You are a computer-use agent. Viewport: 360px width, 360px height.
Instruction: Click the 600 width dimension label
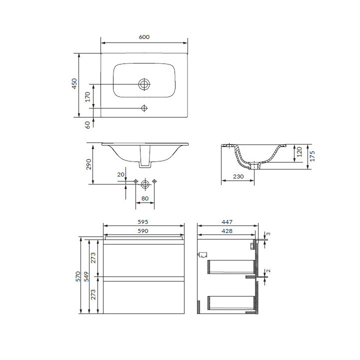pos(144,37)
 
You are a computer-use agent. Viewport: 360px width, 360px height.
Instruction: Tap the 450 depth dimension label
pos(74,84)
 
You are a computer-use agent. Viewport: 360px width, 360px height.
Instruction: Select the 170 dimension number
pos(87,97)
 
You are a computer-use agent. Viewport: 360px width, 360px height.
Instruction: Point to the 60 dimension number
pos(87,124)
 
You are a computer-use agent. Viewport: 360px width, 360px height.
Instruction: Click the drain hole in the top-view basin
pos(144,84)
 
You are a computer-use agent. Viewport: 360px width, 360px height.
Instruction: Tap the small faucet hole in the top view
pos(144,108)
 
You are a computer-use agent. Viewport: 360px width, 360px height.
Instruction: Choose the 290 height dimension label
pos(88,164)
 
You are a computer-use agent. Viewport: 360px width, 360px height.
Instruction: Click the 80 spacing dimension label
pos(145,198)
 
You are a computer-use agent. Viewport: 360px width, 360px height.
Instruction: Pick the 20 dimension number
pos(121,174)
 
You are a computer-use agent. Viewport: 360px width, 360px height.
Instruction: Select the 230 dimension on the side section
pos(238,176)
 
